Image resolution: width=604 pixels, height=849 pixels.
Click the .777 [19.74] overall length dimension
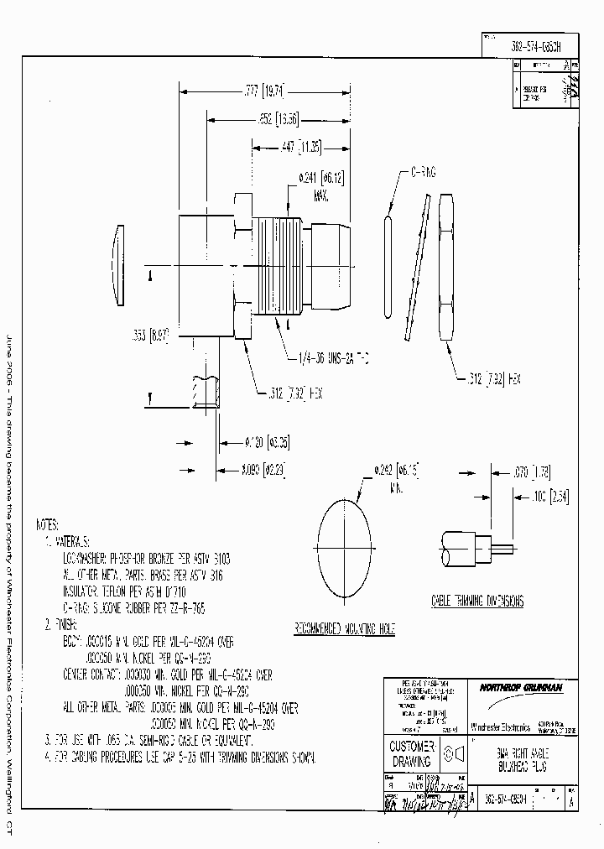pyautogui.click(x=258, y=91)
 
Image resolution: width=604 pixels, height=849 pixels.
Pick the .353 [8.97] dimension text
pyautogui.click(x=152, y=334)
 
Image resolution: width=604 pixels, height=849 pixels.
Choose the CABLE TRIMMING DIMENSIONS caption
pyautogui.click(x=477, y=602)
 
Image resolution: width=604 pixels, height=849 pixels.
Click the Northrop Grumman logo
pyautogui.click(x=522, y=687)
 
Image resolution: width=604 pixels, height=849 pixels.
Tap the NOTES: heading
pyautogui.click(x=48, y=524)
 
